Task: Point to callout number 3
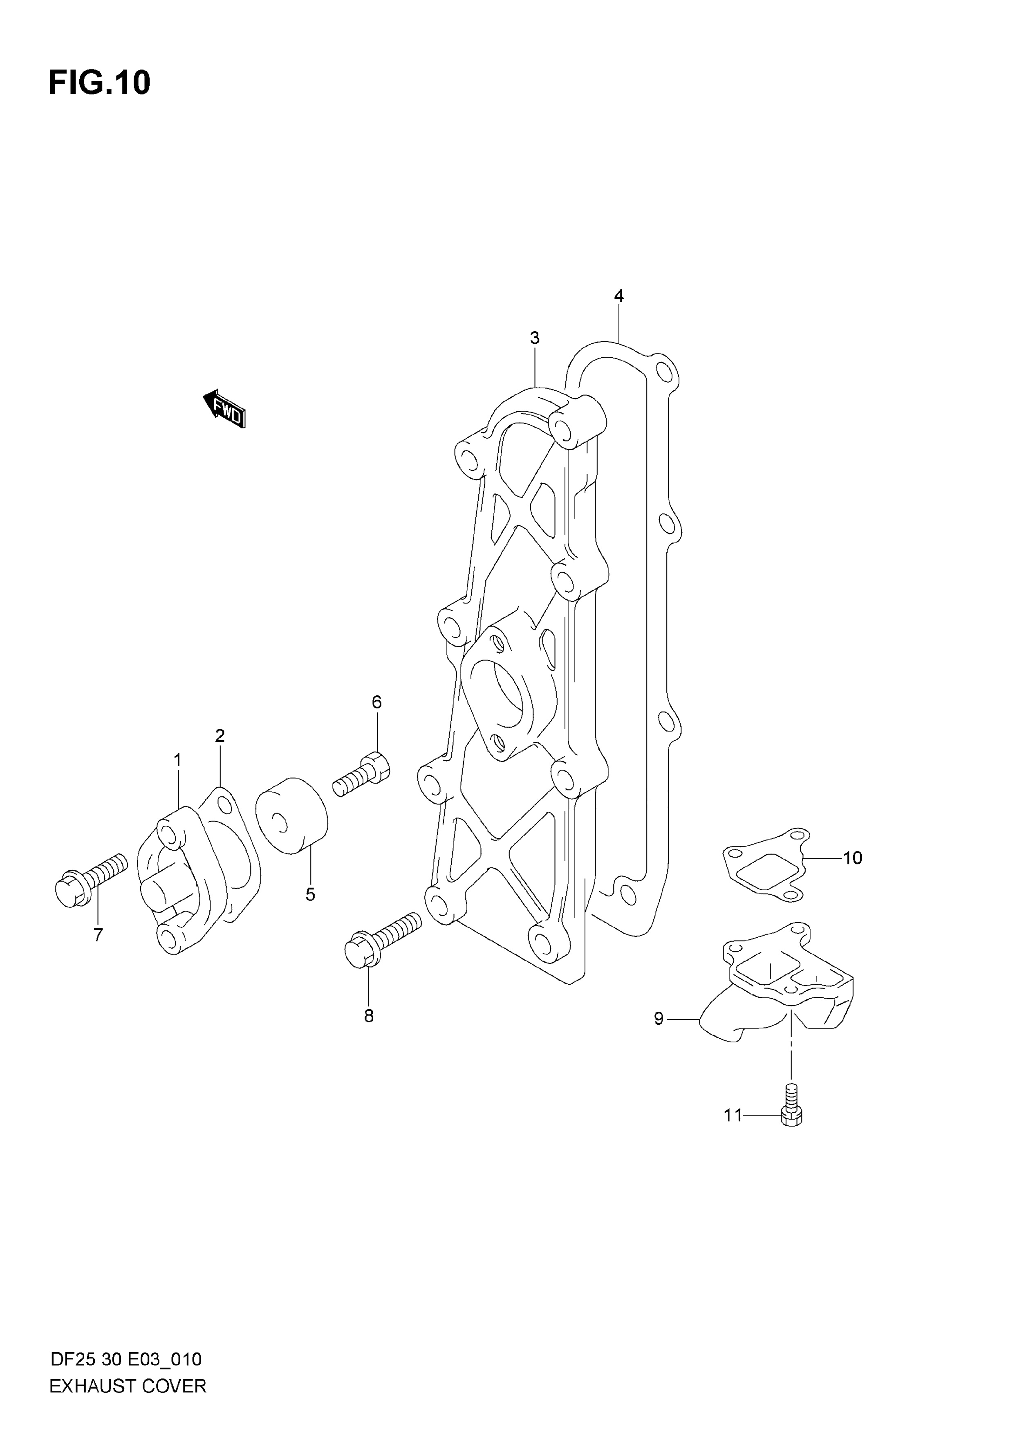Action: [535, 338]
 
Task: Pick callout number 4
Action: [618, 296]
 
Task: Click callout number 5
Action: [310, 895]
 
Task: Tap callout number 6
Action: [376, 702]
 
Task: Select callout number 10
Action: [852, 858]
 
